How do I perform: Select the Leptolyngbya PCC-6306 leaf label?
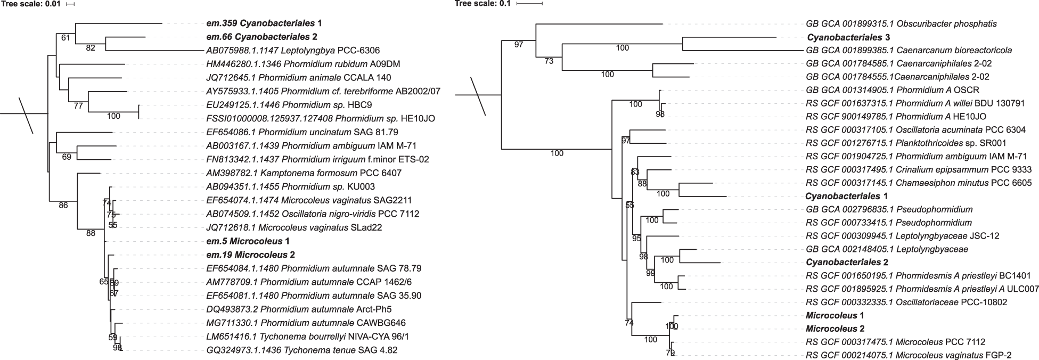[293, 51]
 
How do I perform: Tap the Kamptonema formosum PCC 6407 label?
[304, 173]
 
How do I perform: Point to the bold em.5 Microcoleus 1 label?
[248, 241]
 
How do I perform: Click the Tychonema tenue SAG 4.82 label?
[301, 350]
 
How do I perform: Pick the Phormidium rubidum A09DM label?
[303, 64]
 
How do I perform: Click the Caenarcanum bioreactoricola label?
[909, 51]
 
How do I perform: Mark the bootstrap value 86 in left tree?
[63, 205]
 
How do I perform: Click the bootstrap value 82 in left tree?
[91, 48]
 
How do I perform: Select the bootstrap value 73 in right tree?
[549, 61]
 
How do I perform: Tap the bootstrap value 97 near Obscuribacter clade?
[519, 44]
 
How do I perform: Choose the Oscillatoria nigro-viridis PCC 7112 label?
[313, 214]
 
